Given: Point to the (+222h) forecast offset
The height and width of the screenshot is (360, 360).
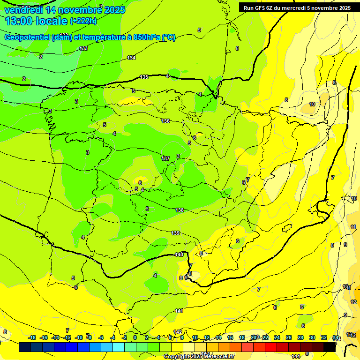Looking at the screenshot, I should (x=83, y=21).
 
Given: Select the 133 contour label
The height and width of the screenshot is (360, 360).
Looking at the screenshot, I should (x=83, y=49).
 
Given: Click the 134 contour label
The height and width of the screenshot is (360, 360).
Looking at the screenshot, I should (x=131, y=58).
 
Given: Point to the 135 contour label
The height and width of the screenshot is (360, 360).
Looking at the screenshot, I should (x=144, y=77).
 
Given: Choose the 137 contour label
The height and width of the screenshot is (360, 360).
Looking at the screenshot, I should (x=165, y=158).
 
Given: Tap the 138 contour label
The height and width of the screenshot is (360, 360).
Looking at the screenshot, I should (x=180, y=210).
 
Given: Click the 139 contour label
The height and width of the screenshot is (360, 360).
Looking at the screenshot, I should (x=175, y=233).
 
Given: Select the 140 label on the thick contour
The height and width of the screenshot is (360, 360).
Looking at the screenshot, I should (x=179, y=255).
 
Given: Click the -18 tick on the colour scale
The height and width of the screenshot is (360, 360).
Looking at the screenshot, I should (x=32, y=337).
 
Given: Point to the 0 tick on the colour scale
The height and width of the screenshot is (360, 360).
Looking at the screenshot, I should (x=135, y=337).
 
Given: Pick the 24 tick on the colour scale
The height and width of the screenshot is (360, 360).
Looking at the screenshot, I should (x=277, y=337).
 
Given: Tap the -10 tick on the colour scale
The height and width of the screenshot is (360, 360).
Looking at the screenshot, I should (x=79, y=337).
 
